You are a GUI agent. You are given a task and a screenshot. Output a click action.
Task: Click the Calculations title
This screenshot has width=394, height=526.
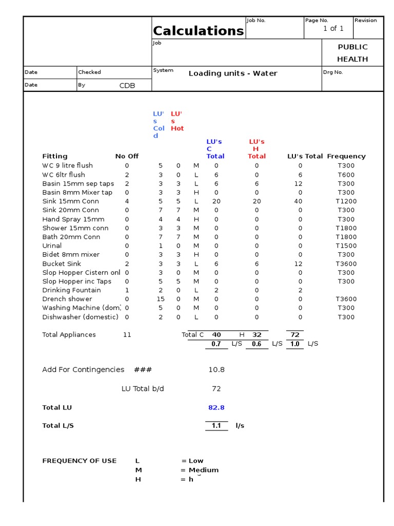199,31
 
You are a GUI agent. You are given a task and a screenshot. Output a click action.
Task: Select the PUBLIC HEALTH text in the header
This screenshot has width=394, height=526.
352,53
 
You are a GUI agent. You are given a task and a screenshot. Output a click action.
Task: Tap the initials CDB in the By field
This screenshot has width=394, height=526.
127,86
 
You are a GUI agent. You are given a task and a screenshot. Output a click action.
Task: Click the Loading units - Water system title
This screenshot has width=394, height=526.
232,73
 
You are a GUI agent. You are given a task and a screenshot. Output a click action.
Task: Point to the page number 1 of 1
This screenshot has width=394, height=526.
333,29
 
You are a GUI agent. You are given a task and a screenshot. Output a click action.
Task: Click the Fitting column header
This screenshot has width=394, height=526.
55,156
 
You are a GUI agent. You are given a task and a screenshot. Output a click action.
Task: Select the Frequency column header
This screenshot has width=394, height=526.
346,156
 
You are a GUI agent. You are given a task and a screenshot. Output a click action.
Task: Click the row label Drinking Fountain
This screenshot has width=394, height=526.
71,290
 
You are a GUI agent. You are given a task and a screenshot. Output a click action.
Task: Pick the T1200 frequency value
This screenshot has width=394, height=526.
346,201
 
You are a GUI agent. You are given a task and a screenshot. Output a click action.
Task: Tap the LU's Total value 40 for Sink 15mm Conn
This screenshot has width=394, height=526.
298,201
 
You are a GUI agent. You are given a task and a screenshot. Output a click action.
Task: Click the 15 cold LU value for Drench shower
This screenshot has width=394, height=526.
161,299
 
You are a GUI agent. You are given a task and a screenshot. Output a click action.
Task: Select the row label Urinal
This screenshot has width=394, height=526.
52,246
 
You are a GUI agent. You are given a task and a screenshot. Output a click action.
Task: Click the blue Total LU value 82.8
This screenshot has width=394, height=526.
216,408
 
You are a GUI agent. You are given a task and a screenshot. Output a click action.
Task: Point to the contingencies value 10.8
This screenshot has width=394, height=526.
216,370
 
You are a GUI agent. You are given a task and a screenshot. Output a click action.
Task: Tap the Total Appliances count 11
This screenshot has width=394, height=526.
127,335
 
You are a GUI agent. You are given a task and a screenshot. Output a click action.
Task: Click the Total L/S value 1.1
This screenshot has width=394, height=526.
216,426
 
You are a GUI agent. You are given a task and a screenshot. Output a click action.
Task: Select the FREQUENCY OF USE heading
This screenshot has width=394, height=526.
79,461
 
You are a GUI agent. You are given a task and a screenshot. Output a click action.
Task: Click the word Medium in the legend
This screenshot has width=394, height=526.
204,470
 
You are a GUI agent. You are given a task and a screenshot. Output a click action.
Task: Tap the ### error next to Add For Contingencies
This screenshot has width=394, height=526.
143,370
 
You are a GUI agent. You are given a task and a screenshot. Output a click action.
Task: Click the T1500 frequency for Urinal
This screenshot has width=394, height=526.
346,246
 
